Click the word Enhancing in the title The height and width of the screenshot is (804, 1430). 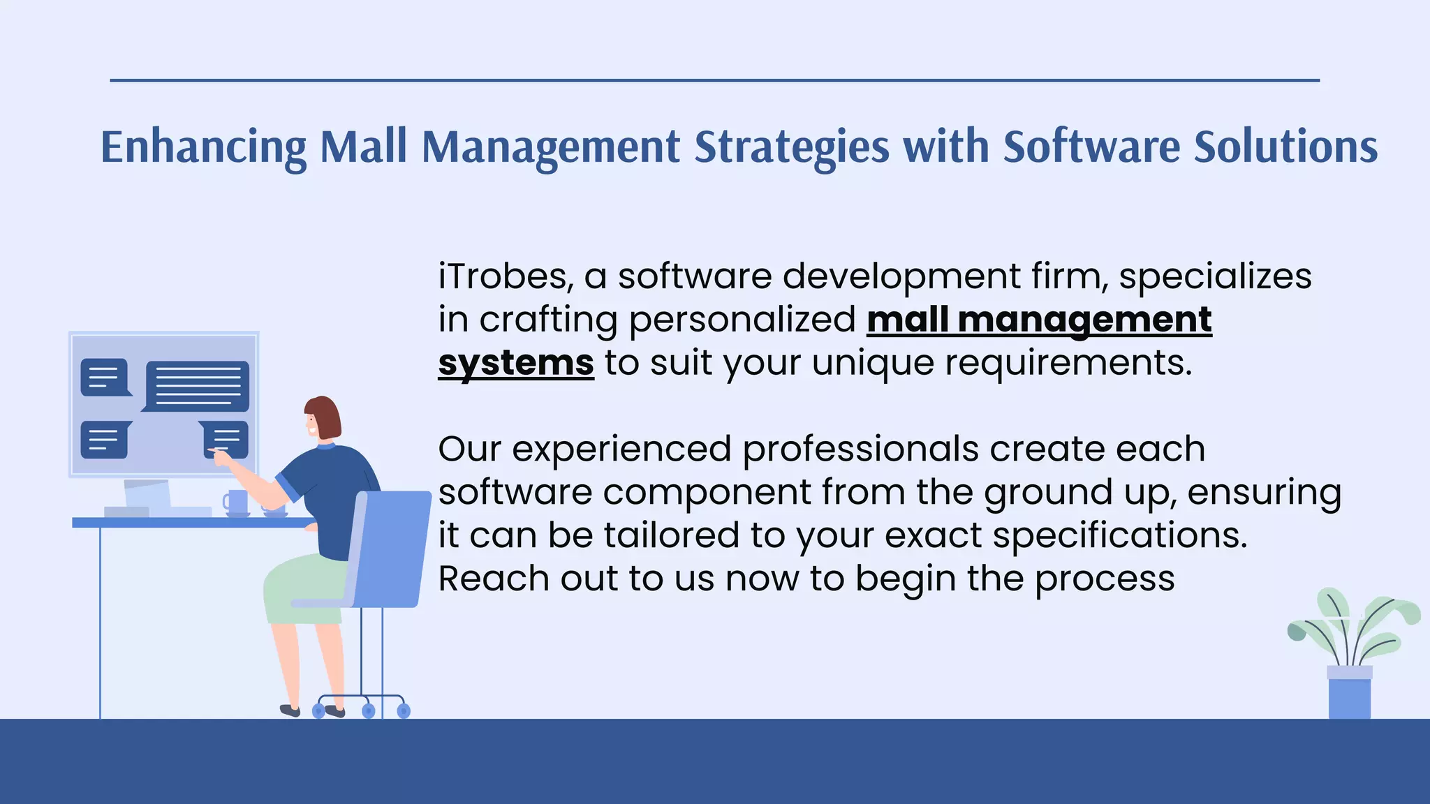pos(203,147)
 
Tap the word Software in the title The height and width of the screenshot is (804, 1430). pos(1091,147)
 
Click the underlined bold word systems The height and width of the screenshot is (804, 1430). pos(515,363)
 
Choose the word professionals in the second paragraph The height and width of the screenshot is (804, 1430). pos(860,449)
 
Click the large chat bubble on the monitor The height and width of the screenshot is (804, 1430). pos(198,385)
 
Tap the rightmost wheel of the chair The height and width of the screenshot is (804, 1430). pos(403,711)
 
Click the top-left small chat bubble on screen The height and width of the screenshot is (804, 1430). pos(105,377)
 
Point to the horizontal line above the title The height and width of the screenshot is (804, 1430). pos(714,80)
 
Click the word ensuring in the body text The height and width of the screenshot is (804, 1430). pos(1264,492)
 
